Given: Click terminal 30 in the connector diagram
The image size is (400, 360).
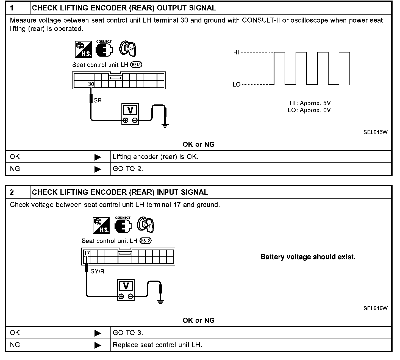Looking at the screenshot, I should pyautogui.click(x=91, y=84).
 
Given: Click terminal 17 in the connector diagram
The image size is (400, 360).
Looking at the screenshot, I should pyautogui.click(x=87, y=253).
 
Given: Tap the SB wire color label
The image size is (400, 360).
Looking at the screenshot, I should pyautogui.click(x=98, y=101).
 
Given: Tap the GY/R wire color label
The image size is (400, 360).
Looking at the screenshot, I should pyautogui.click(x=97, y=272).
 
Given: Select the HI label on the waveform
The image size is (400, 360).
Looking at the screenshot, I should pyautogui.click(x=236, y=52).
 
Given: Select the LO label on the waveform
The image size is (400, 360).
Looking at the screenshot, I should pyautogui.click(x=236, y=84).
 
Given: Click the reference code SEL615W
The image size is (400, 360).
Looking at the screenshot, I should pyautogui.click(x=375, y=132).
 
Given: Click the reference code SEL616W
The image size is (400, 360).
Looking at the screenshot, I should pyautogui.click(x=375, y=308).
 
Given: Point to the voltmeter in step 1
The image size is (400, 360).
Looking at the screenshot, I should pyautogui.click(x=130, y=114).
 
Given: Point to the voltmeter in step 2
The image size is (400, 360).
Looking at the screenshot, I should pyautogui.click(x=126, y=290).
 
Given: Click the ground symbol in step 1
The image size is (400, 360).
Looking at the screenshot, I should pyautogui.click(x=165, y=126).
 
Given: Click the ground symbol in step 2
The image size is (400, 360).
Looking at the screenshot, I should pyautogui.click(x=161, y=302).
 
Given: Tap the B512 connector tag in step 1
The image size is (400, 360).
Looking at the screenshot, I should pyautogui.click(x=136, y=65).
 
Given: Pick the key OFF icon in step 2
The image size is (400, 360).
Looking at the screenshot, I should pyautogui.click(x=146, y=225).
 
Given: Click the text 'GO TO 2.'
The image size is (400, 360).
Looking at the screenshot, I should pyautogui.click(x=128, y=169).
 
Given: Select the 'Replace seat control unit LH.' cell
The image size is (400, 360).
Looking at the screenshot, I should pyautogui.click(x=157, y=345).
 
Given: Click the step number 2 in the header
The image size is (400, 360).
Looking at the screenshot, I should pyautogui.click(x=12, y=192).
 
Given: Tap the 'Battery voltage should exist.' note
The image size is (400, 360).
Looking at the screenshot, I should pyautogui.click(x=308, y=257).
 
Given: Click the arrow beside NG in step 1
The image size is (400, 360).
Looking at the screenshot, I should pyautogui.click(x=98, y=169).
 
